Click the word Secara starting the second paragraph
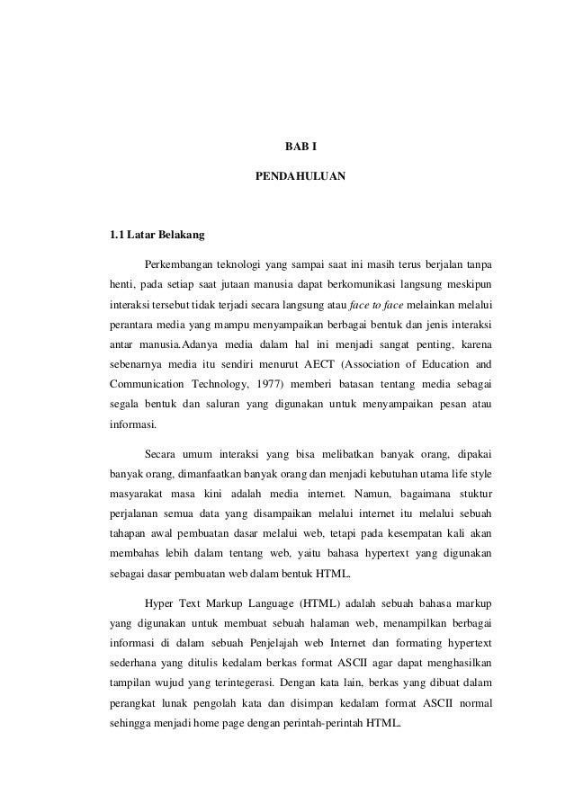(x=161, y=452)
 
